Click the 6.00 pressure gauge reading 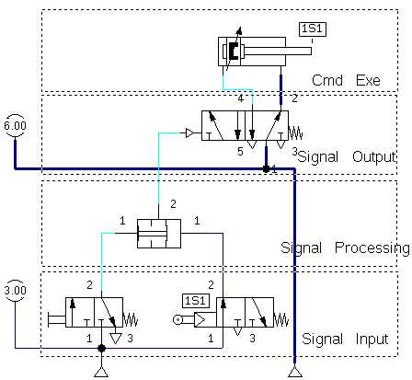click(x=15, y=125)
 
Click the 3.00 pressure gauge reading click(x=15, y=290)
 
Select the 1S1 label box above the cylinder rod click(x=313, y=29)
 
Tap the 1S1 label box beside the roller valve click(x=196, y=301)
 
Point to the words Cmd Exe click(x=346, y=80)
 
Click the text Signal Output click(x=347, y=156)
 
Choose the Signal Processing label click(x=345, y=248)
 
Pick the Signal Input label click(x=345, y=339)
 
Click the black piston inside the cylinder click(x=234, y=51)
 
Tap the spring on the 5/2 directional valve click(x=296, y=133)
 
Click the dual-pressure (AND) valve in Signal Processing click(x=159, y=234)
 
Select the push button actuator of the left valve click(x=57, y=320)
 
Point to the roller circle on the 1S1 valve click(x=177, y=320)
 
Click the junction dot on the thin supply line click(x=101, y=348)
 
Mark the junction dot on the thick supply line click(x=266, y=168)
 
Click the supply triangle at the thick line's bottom click(x=295, y=371)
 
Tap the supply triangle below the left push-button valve click(x=101, y=372)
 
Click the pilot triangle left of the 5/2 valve click(x=189, y=133)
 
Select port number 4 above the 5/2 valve click(x=241, y=98)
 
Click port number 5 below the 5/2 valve click(x=240, y=151)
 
